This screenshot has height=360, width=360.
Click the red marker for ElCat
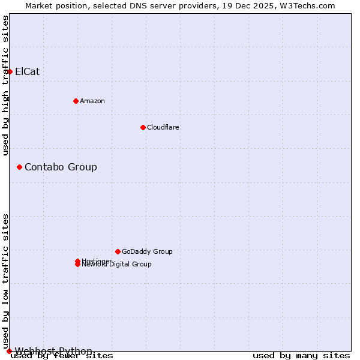click(x=10, y=71)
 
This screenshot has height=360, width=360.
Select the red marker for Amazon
click(x=76, y=101)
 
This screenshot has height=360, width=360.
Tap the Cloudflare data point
click(x=143, y=127)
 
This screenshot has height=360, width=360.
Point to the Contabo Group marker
click(x=19, y=167)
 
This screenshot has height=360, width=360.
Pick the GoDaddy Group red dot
click(x=118, y=251)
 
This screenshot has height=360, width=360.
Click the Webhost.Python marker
click(x=9, y=351)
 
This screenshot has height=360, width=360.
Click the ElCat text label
click(x=27, y=71)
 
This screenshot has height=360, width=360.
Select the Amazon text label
click(x=92, y=101)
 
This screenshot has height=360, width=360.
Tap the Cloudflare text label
click(x=163, y=127)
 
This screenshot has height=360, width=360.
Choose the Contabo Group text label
click(x=61, y=167)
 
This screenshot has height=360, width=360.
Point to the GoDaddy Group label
click(x=147, y=251)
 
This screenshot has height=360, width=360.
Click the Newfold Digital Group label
click(x=117, y=265)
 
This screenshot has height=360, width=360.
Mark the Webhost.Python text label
click(x=53, y=351)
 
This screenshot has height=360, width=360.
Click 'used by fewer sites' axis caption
click(x=62, y=356)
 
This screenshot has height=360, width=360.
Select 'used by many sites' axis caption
click(x=301, y=356)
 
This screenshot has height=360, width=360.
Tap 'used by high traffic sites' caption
click(x=6, y=85)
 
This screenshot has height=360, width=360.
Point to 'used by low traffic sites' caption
click(x=6, y=281)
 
